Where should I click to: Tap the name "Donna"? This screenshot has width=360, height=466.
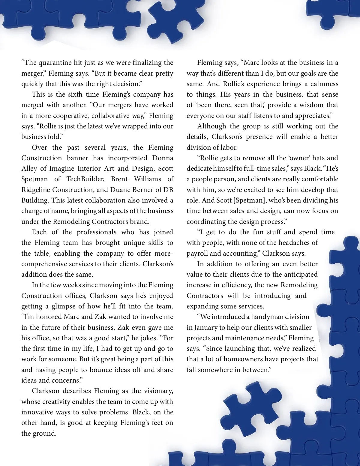pos(163,158)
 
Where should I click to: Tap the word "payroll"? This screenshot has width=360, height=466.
pos(197,254)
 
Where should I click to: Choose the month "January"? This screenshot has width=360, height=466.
pos(206,328)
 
